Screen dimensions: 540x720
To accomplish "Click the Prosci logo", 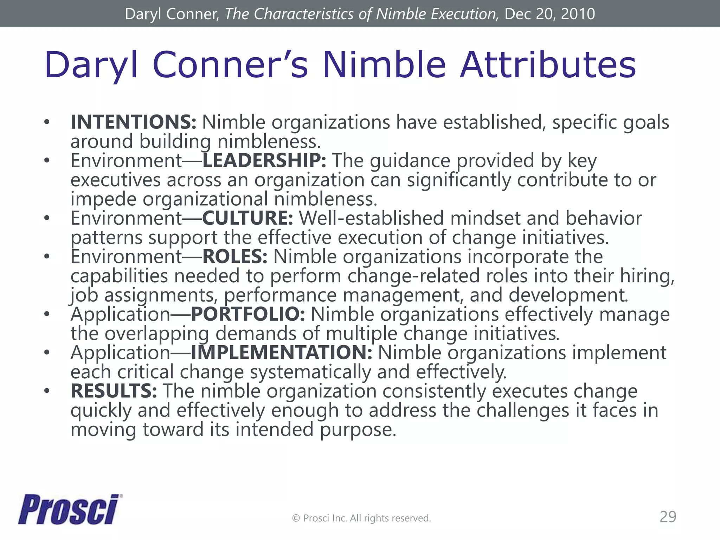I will [x=70, y=509].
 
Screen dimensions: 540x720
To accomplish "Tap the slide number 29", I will [x=668, y=517].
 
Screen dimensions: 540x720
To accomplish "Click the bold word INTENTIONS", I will [x=133, y=122].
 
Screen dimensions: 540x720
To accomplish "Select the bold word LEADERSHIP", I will [x=264, y=161].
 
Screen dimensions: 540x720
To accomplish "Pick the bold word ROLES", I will [x=234, y=256].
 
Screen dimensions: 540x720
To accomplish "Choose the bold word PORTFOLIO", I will [x=247, y=314].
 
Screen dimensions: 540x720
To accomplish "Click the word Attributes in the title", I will [x=548, y=65].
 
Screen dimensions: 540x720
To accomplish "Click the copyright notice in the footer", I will [x=361, y=518].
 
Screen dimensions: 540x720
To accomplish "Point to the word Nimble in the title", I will [x=384, y=65].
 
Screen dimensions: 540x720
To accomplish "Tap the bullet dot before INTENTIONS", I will [x=47, y=122].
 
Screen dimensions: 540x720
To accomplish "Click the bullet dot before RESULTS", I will [x=47, y=391].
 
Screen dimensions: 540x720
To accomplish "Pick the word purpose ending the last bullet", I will [x=358, y=430].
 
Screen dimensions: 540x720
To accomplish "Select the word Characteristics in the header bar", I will [x=303, y=14].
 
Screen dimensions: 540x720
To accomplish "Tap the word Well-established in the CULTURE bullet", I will [x=371, y=218].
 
